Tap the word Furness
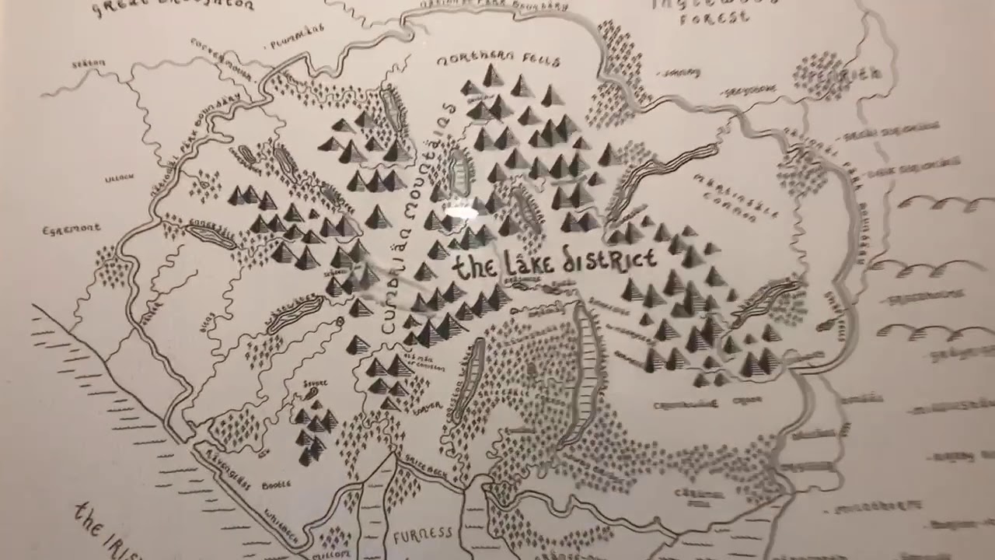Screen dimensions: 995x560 pyautogui.click(x=423, y=535)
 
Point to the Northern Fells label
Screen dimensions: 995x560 pyautogui.click(x=498, y=60)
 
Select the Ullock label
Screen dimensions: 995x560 pyautogui.click(x=119, y=178)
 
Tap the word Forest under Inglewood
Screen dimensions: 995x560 pyautogui.click(x=714, y=17)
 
